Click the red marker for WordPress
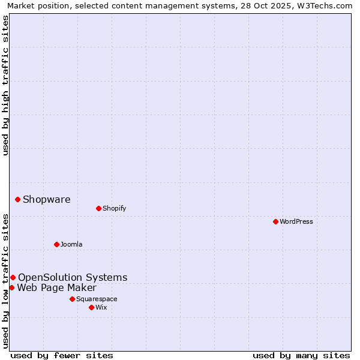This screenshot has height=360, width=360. [275, 221]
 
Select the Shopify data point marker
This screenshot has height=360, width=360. [98, 208]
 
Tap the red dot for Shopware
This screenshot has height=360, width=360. [17, 199]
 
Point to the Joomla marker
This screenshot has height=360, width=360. [56, 244]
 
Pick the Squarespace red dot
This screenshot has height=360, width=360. [72, 299]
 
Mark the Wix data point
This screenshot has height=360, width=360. [91, 307]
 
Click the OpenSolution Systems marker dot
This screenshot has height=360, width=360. [13, 277]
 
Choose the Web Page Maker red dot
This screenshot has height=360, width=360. [11, 287]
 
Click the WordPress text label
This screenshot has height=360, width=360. [296, 221]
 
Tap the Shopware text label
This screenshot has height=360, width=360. [46, 200]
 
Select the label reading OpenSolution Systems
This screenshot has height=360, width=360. [73, 277]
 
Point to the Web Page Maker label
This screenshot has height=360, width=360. [56, 287]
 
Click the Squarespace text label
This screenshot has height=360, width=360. [97, 299]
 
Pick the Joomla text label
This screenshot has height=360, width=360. [71, 244]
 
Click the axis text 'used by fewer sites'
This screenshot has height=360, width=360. [62, 355]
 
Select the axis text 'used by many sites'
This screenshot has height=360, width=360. [301, 355]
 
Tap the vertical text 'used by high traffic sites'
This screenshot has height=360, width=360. [6, 85]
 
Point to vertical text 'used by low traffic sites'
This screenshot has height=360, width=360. [6, 281]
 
